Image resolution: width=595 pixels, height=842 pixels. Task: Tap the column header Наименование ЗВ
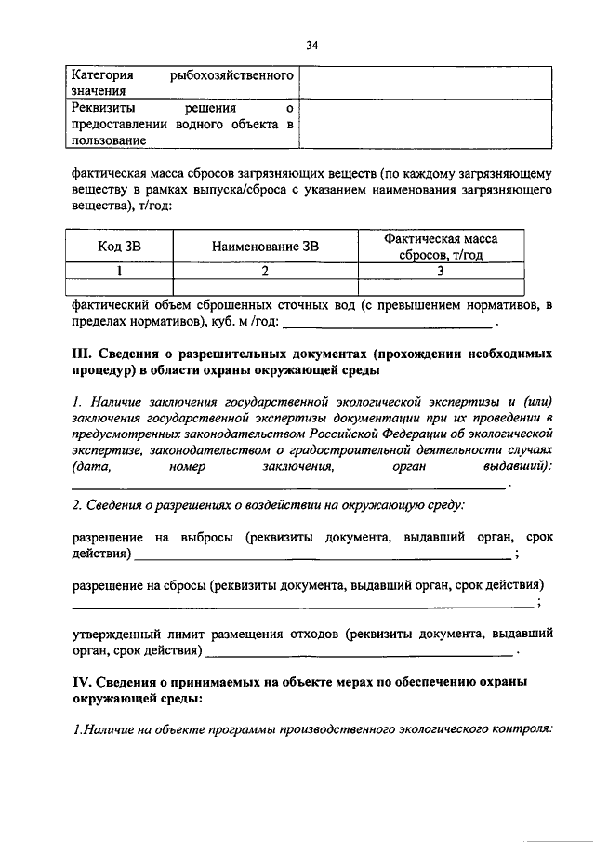click(265, 247)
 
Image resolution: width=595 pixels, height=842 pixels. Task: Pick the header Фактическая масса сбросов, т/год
click(441, 247)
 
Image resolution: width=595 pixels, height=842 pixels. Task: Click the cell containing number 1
click(120, 271)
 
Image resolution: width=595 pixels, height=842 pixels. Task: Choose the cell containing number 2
click(265, 271)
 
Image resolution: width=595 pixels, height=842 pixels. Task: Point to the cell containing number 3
click(441, 271)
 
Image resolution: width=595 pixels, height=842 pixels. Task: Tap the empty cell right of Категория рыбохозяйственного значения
click(425, 82)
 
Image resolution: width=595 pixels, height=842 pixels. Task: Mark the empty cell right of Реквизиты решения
click(425, 123)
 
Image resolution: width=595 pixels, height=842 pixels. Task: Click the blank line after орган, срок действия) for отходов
click(357, 652)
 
